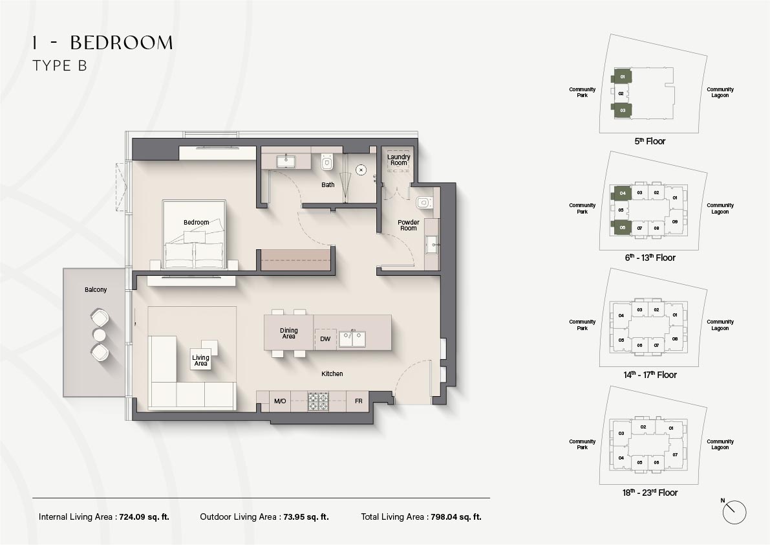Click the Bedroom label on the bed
(197, 223)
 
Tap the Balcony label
(95, 289)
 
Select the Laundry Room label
(398, 160)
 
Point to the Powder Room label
(408, 225)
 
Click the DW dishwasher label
(325, 339)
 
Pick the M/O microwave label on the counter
(280, 401)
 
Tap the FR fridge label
(358, 401)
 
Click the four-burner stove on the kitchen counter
(318, 401)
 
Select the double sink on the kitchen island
(352, 338)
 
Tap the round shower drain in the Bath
(361, 170)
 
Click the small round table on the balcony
(100, 335)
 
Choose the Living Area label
(200, 361)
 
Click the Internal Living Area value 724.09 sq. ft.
(144, 517)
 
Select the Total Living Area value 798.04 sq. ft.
(456, 517)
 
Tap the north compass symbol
(734, 512)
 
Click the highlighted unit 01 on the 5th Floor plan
(622, 76)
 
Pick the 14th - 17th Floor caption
(650, 375)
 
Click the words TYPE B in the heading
(60, 66)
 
